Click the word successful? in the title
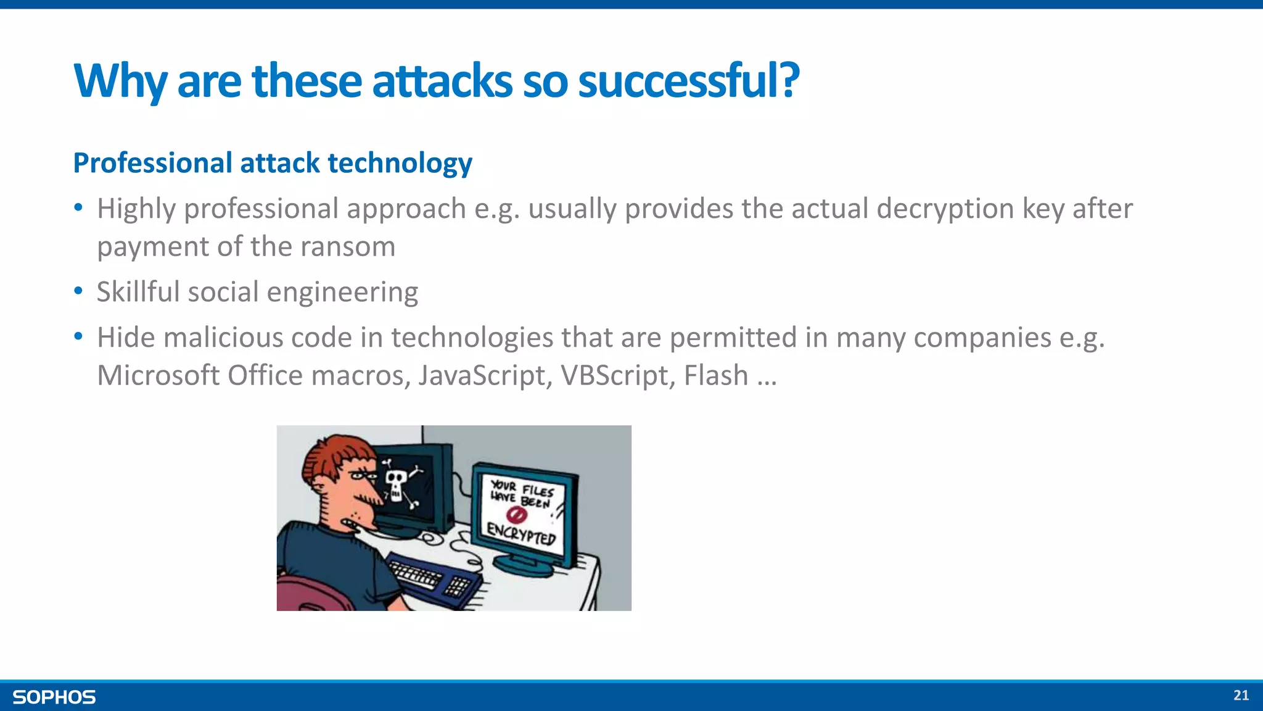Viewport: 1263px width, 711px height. (688, 81)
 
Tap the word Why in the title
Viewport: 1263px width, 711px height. (120, 81)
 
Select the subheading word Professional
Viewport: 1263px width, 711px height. (152, 163)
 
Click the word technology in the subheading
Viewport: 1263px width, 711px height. (400, 163)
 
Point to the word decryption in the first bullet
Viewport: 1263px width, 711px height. (945, 209)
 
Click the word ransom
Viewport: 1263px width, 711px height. (348, 247)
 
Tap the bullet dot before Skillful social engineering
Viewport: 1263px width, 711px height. (78, 290)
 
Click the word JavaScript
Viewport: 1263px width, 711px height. (485, 375)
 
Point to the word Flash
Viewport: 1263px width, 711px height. (716, 375)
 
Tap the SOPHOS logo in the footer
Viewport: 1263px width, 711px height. (54, 697)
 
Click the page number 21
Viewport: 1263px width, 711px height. (1241, 696)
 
